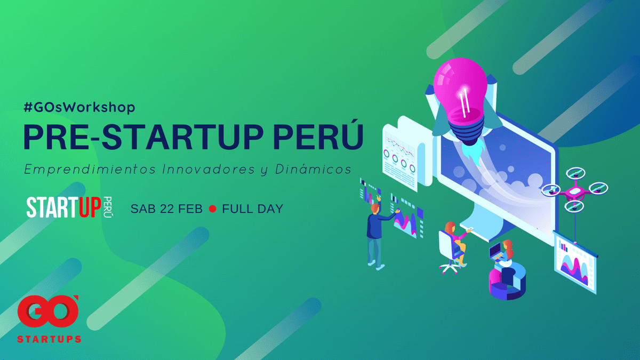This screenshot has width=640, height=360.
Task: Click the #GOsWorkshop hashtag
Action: click(x=79, y=107)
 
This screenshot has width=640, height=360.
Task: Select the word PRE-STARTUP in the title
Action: click(x=143, y=137)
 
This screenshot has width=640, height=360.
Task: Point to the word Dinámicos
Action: click(x=313, y=169)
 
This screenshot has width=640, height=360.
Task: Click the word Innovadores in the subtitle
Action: click(x=209, y=169)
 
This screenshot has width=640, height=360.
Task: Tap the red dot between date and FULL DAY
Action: click(x=213, y=209)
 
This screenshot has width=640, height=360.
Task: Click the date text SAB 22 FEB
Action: click(x=166, y=209)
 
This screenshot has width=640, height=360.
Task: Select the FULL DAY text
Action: click(x=253, y=209)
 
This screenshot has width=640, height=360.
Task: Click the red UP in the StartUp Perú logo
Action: click(x=90, y=207)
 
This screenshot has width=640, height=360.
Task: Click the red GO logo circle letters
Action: click(x=47, y=311)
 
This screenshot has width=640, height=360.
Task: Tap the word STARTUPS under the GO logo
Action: click(x=49, y=339)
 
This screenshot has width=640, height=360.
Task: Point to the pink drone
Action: click(x=575, y=190)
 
